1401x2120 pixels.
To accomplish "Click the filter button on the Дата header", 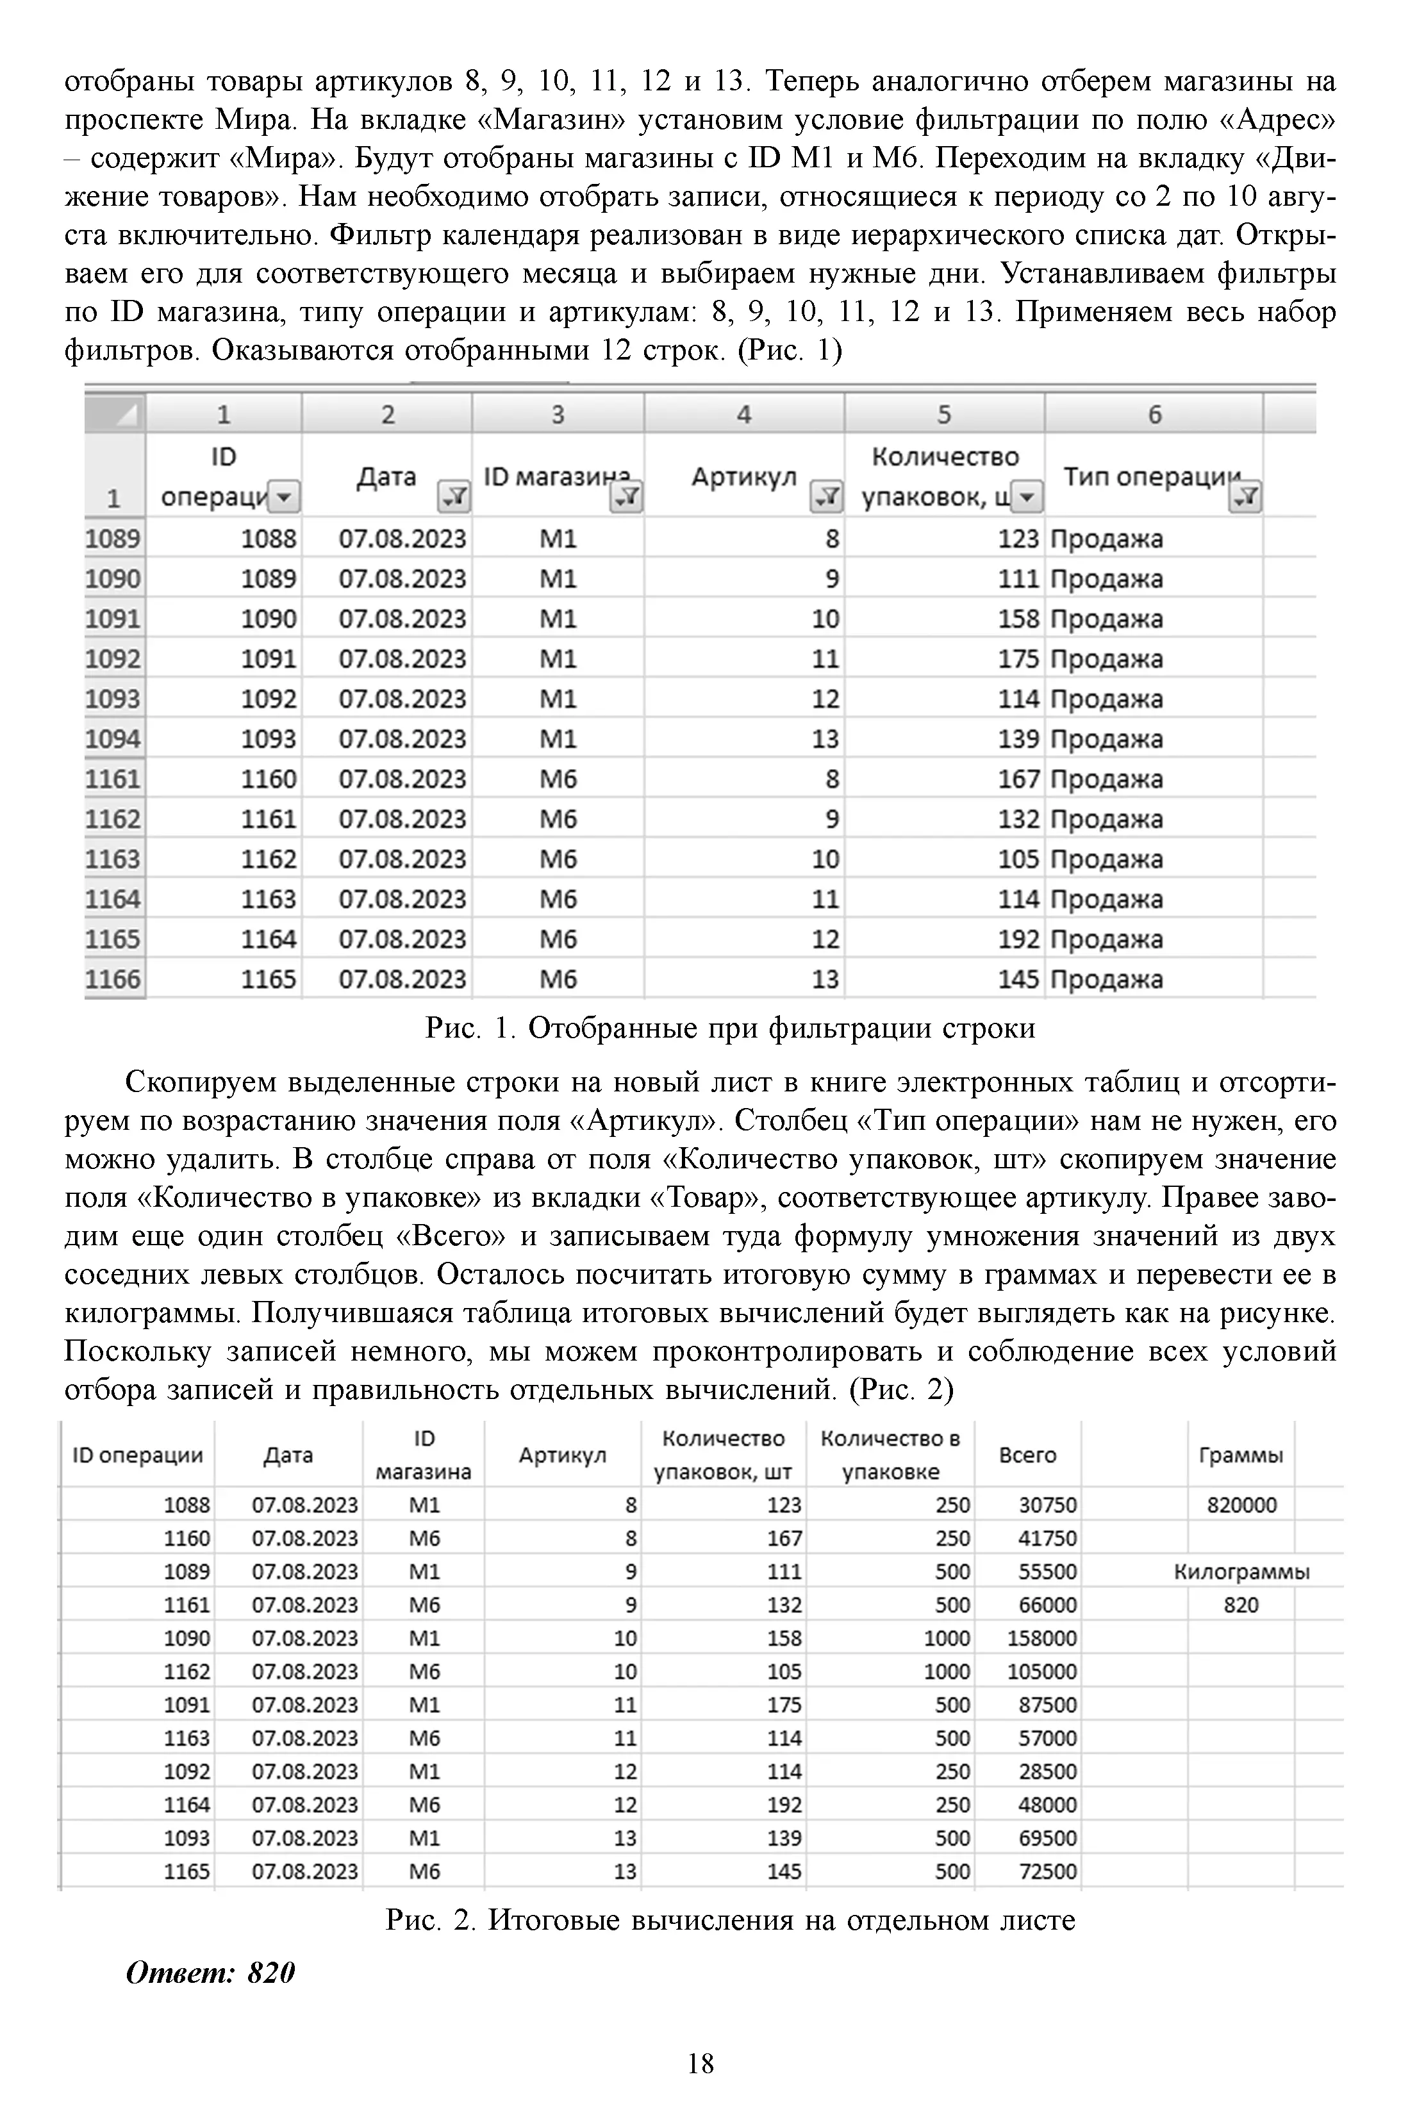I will [x=453, y=497].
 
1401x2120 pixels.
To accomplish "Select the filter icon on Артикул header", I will [x=825, y=497].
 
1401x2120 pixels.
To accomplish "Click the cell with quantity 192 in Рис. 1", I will [x=1018, y=939].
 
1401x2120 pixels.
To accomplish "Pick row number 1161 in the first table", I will [x=113, y=779].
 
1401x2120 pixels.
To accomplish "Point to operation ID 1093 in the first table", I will [x=268, y=739].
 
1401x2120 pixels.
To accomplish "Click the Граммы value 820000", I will [x=1241, y=1505].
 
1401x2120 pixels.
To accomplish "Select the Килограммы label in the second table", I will [x=1241, y=1571].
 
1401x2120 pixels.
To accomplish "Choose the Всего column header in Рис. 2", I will [x=1027, y=1454].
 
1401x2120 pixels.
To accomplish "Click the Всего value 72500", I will [x=1047, y=1871].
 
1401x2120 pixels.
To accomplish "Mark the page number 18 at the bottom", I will [x=700, y=2063].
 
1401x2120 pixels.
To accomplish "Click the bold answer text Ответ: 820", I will [x=211, y=1972].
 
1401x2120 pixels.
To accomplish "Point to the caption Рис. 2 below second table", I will [x=730, y=1920].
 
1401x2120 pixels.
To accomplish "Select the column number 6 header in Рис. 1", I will [x=1154, y=415].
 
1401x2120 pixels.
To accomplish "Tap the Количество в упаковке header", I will [x=890, y=1454].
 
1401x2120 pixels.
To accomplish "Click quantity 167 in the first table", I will [x=1018, y=779].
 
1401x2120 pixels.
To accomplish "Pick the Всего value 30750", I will [x=1047, y=1505].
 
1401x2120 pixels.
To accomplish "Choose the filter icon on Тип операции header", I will [x=1245, y=497].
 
